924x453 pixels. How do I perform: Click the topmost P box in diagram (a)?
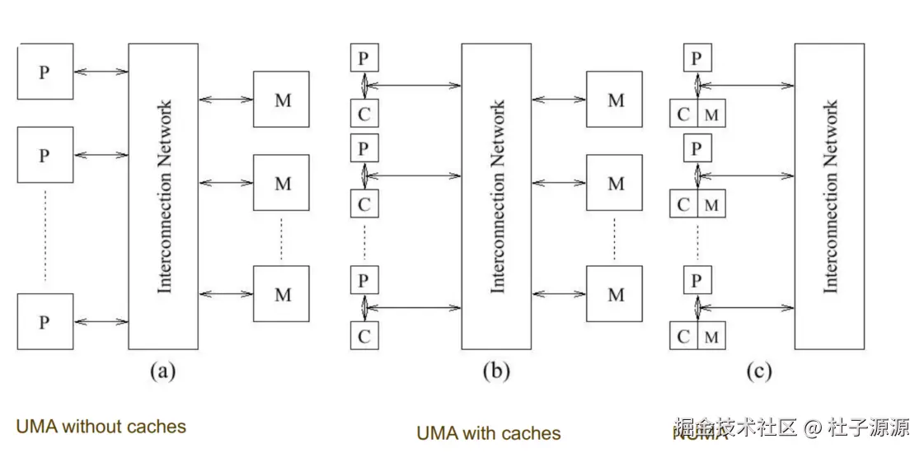(x=45, y=72)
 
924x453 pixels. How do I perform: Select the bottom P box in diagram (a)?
(x=45, y=322)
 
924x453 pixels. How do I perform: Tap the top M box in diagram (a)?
(x=282, y=100)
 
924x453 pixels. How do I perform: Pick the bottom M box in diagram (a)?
(x=282, y=293)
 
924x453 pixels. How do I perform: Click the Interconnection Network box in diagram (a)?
(x=163, y=196)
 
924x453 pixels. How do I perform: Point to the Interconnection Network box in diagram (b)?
(x=496, y=196)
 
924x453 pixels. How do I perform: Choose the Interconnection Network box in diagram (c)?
(x=829, y=196)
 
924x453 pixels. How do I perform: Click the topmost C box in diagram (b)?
(x=364, y=114)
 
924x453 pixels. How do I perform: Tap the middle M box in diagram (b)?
(x=615, y=183)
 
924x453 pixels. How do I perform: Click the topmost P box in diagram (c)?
(x=697, y=58)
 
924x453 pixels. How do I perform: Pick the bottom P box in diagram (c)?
(x=697, y=280)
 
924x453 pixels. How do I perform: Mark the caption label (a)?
(x=162, y=371)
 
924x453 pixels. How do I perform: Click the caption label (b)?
(x=495, y=371)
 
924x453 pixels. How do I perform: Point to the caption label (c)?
(x=758, y=371)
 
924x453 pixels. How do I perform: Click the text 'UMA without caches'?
(x=101, y=427)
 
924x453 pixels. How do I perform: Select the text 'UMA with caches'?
(x=488, y=433)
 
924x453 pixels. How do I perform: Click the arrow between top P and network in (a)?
(x=101, y=72)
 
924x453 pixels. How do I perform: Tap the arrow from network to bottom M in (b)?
(x=559, y=293)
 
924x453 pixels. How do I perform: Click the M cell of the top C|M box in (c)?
(x=711, y=114)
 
